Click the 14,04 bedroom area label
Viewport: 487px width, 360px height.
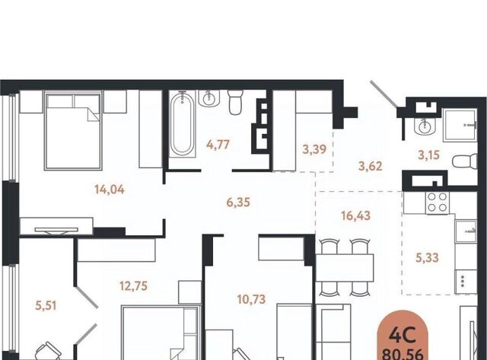point(110,190)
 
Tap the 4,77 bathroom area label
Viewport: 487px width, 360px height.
point(218,145)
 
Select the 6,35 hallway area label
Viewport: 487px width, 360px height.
point(238,202)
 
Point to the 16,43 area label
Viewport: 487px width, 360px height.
point(355,215)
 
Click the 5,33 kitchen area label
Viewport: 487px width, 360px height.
point(427,257)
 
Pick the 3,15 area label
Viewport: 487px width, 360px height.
point(428,155)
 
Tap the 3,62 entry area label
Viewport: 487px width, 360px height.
point(371,166)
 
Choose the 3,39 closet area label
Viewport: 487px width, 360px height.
point(314,149)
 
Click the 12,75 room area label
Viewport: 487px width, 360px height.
point(134,285)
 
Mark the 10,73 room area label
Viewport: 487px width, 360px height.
point(251,299)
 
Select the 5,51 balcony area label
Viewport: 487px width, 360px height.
point(46,306)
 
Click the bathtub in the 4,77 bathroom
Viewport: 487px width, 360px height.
point(183,124)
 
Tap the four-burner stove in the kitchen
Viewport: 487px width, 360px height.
point(438,203)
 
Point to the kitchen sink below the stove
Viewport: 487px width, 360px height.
point(466,231)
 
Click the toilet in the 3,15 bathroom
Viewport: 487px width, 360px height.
point(465,161)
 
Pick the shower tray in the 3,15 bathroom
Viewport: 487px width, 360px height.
point(460,125)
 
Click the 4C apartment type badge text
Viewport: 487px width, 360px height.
point(403,336)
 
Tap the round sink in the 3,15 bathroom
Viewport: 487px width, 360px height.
point(425,126)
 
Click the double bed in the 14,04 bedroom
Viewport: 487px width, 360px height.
point(73,132)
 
